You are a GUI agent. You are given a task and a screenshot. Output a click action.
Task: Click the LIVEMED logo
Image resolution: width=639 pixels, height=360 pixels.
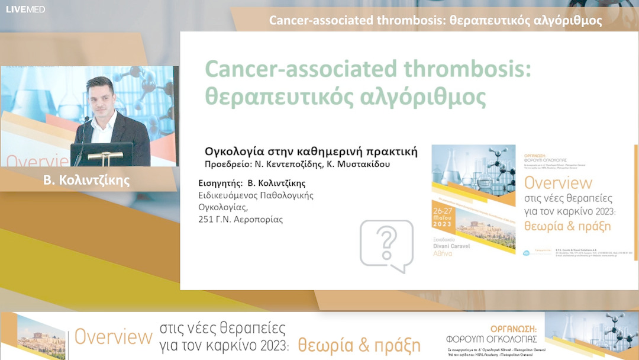(25, 9)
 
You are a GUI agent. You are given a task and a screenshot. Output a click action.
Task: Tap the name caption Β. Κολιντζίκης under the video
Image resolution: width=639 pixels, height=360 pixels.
(86, 181)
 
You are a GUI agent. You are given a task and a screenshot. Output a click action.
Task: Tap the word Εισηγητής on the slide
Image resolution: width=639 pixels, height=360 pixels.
(218, 183)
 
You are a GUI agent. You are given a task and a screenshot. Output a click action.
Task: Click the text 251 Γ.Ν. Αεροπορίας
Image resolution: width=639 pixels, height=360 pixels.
(240, 220)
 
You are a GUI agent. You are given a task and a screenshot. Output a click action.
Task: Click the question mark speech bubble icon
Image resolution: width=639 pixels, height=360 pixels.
(387, 245)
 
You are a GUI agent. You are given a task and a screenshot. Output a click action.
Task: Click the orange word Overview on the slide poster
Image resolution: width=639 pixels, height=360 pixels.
(558, 182)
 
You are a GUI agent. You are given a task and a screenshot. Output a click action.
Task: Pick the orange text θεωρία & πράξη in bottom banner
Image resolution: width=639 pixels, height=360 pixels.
(359, 345)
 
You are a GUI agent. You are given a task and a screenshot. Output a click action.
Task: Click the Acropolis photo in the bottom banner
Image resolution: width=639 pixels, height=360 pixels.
(41, 336)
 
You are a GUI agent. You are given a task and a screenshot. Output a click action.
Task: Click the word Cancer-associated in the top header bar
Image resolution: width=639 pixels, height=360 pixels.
(321, 21)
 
